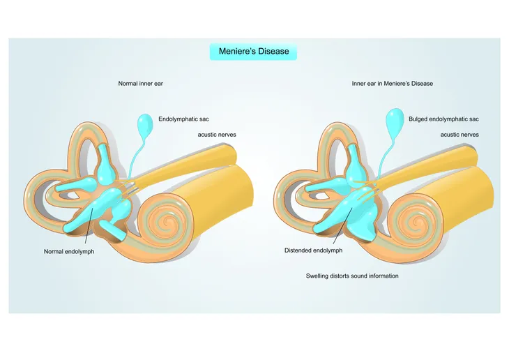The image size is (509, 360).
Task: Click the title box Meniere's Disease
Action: pos(253,52)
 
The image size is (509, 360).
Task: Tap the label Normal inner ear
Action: pos(141,84)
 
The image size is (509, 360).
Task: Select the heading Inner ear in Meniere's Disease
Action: pos(393,84)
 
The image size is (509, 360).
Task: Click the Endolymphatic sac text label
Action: pos(183,119)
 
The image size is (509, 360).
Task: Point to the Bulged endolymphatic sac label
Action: pos(443,119)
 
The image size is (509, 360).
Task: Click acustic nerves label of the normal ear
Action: pos(217,135)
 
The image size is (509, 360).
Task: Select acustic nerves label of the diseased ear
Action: pos(459,135)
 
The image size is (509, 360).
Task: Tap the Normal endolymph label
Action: pos(69,251)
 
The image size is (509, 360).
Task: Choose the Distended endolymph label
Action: pos(313,250)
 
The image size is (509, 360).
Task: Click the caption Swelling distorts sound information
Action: pos(352,276)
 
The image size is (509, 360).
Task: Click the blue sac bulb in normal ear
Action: pos(145,123)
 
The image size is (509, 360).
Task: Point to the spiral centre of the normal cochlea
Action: pos(167,223)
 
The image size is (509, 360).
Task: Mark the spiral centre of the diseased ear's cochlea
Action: pos(416,223)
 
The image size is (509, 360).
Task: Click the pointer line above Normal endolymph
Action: pos(89,226)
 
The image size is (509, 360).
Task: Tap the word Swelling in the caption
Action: pos(317,276)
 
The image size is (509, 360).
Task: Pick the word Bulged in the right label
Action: pos(418,119)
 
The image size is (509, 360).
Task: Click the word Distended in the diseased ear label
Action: pos(298,250)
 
